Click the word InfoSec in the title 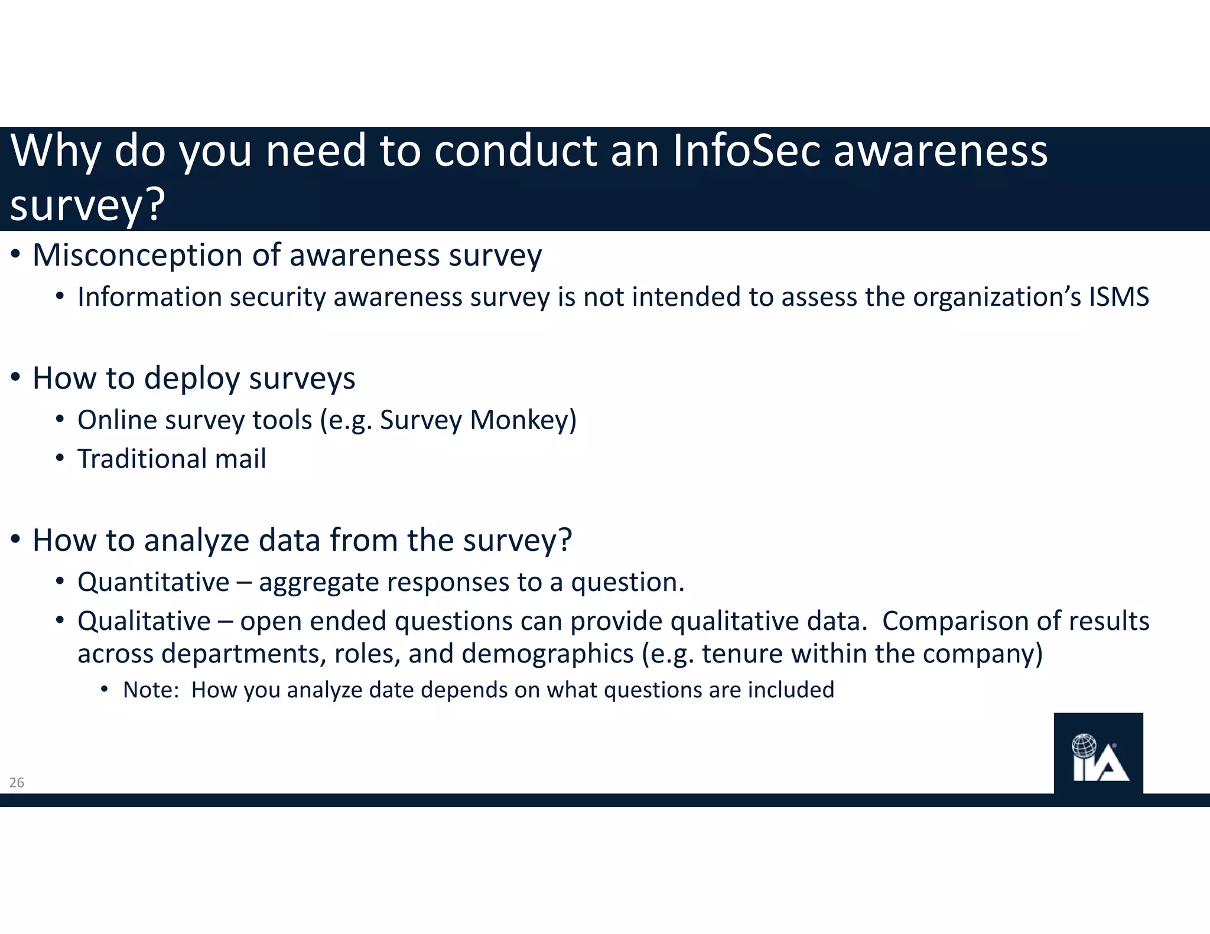746,151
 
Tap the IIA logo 1098,754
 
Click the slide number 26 17,783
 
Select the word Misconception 138,256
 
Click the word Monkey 523,420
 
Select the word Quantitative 153,583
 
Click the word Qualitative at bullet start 144,621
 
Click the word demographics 547,654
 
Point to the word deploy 191,378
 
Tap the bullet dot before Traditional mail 60,459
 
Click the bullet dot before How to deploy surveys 16,377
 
